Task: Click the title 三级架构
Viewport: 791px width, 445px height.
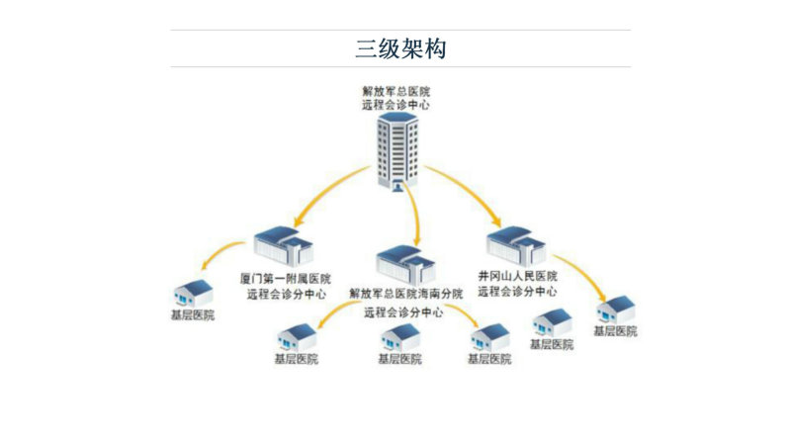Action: pos(400,48)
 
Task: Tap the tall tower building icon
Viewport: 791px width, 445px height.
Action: pos(398,152)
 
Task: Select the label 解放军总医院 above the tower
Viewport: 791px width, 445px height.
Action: pos(396,91)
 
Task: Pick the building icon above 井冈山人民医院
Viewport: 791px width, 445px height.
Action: pos(516,245)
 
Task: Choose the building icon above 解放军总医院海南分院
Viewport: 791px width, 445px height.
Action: pos(406,265)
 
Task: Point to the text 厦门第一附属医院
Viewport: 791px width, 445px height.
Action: pos(286,279)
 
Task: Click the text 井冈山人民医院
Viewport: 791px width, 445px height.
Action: pos(517,276)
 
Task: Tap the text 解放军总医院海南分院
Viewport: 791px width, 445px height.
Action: pos(406,293)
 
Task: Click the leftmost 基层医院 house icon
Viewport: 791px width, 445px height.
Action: pos(193,293)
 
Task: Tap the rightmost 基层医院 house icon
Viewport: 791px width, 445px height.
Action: pos(615,310)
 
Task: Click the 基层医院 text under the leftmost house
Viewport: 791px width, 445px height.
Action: pos(193,315)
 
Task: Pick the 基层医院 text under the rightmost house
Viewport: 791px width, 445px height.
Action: pos(615,331)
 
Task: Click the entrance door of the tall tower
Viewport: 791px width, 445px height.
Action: pos(398,186)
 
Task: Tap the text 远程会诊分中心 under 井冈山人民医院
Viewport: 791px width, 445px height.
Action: pos(517,292)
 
